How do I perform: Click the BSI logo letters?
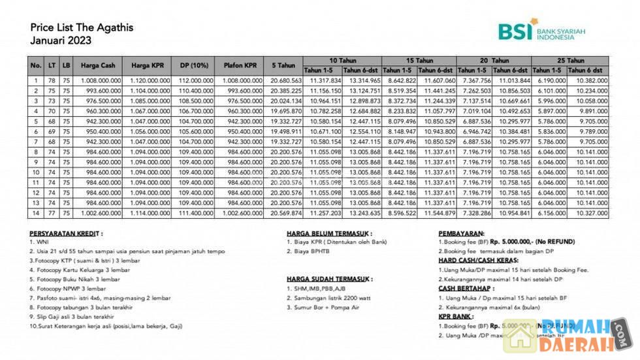(x=515, y=32)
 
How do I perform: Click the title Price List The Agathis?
(x=82, y=27)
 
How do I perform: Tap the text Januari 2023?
(x=61, y=40)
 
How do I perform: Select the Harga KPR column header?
(x=148, y=65)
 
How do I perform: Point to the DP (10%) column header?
(x=194, y=65)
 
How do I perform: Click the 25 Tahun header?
(x=571, y=60)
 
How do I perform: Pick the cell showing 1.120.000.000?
(x=148, y=80)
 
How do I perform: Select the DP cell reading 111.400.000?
(x=194, y=213)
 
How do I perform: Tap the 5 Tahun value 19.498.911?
(x=283, y=131)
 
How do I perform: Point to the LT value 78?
(x=52, y=80)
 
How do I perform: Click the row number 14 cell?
(x=36, y=213)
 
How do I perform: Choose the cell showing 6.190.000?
(x=550, y=80)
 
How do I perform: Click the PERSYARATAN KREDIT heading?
(x=66, y=233)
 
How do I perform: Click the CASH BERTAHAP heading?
(x=466, y=288)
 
